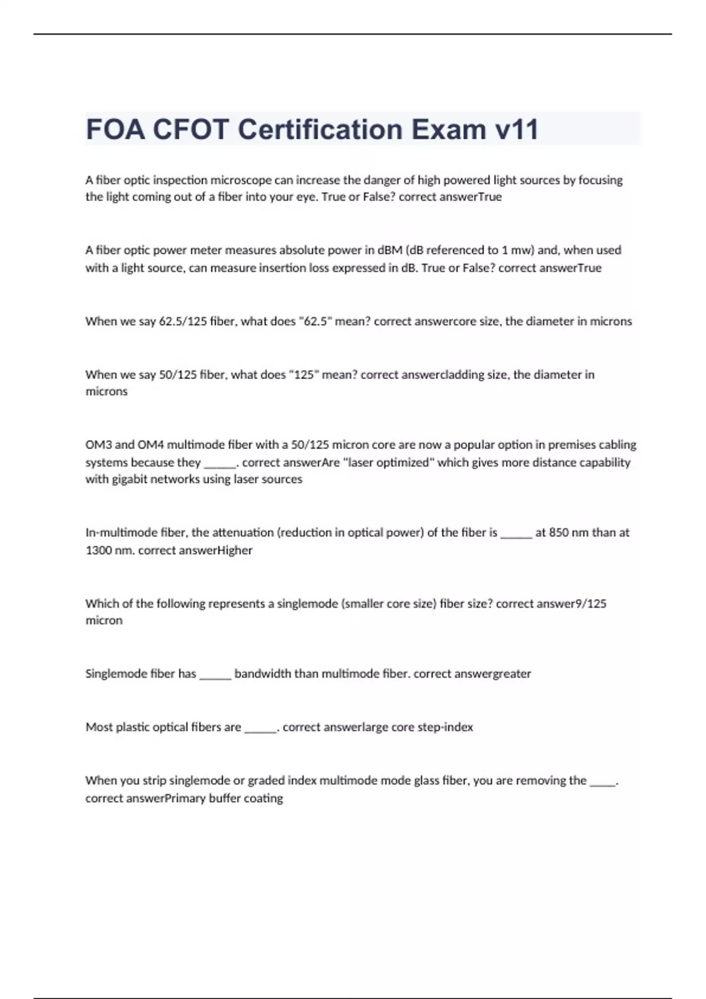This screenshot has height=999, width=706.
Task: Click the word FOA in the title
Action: coord(115,129)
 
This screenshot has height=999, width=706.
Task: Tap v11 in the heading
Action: coord(516,129)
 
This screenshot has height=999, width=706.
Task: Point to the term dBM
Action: coord(389,250)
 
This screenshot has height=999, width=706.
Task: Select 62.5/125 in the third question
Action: coord(178,321)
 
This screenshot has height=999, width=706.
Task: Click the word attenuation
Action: coord(243,532)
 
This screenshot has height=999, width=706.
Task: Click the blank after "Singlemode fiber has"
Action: coord(215,676)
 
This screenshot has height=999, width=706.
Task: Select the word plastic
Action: coord(132,727)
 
